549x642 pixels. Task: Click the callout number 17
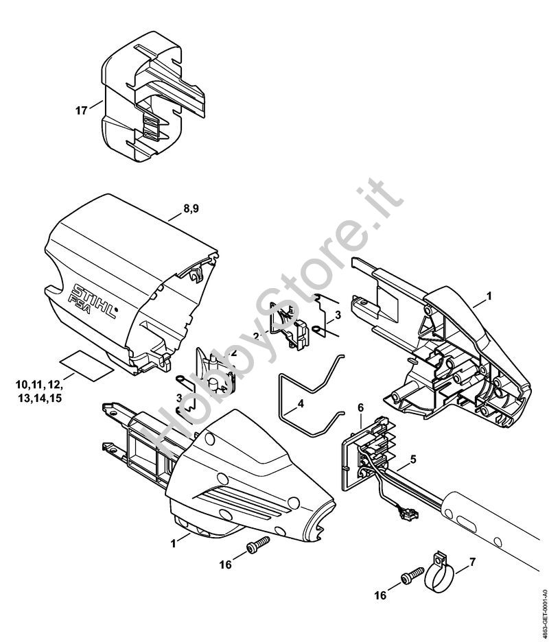click(81, 110)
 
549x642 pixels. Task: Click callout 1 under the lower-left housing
click(176, 542)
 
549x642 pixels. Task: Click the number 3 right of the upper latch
click(338, 315)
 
